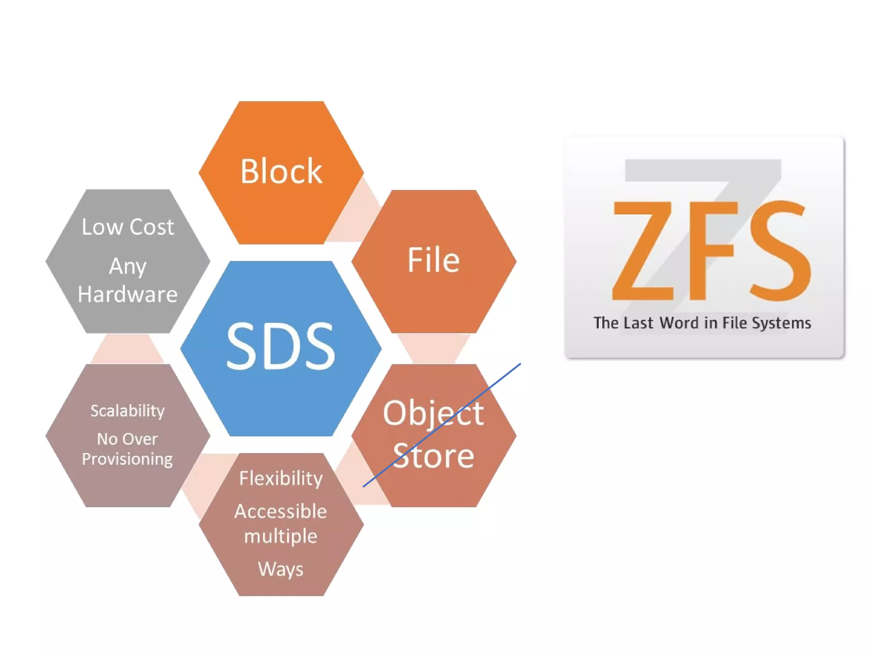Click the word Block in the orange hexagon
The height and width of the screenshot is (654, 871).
pyautogui.click(x=281, y=171)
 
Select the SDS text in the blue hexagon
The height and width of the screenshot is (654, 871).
pyautogui.click(x=281, y=345)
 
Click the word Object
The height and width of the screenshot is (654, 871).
pyautogui.click(x=433, y=413)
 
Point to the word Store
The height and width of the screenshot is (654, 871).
pyautogui.click(x=433, y=456)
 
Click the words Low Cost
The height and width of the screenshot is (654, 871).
pyautogui.click(x=128, y=227)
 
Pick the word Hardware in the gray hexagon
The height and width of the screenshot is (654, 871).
pyautogui.click(x=128, y=294)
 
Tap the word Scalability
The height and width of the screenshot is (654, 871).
pyautogui.click(x=128, y=411)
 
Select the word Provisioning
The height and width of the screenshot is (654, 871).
pyautogui.click(x=128, y=459)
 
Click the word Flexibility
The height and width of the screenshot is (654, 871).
pyautogui.click(x=281, y=478)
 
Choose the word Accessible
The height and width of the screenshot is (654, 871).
pyautogui.click(x=281, y=511)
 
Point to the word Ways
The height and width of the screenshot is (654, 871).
pyautogui.click(x=281, y=569)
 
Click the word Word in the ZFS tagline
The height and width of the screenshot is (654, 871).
pyautogui.click(x=679, y=323)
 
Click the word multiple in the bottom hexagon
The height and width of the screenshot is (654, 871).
pyautogui.click(x=281, y=536)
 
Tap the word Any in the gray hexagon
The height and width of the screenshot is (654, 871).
pyautogui.click(x=128, y=267)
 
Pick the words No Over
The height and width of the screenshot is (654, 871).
pyautogui.click(x=128, y=439)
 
